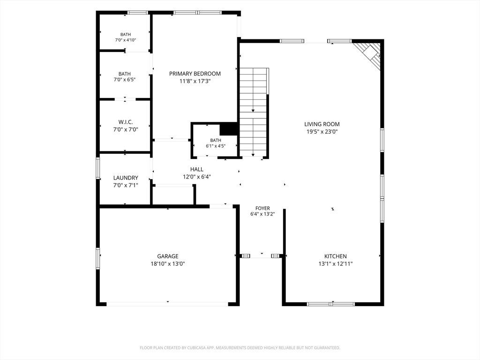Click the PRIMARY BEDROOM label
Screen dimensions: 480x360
coord(195,74)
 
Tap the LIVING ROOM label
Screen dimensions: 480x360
coord(322,124)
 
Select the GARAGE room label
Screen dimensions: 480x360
coord(168,256)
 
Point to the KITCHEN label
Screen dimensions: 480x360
coord(336,256)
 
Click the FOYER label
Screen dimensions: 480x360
coord(262,208)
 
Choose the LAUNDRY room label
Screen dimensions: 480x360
coord(126,178)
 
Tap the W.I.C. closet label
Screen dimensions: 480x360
coord(126,122)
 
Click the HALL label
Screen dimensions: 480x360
coord(196,169)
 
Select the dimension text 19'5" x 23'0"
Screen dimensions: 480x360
coord(322,132)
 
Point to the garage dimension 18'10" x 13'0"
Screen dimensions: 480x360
coord(168,264)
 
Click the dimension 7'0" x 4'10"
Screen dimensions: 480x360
coord(126,40)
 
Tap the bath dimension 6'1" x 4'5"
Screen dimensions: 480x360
coord(216,146)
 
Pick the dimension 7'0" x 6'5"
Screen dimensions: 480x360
coord(124,80)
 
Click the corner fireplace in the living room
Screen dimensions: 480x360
coord(367,55)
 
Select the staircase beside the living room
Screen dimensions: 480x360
coord(254,112)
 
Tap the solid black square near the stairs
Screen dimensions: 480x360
coord(229,128)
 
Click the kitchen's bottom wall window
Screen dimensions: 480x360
coord(330,304)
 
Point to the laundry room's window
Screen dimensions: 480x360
coord(98,168)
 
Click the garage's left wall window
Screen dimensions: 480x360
coord(98,258)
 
